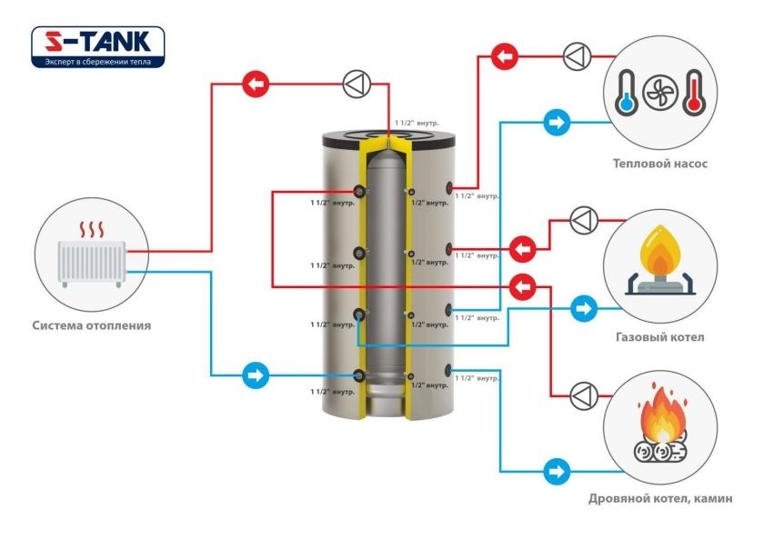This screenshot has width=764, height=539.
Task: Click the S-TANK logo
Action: click(x=98, y=46)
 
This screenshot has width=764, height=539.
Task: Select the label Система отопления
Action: click(x=92, y=325)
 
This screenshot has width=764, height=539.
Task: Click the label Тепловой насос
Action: click(x=659, y=164)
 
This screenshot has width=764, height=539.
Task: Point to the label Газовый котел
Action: click(x=660, y=337)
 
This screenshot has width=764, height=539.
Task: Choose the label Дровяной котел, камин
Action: click(x=660, y=499)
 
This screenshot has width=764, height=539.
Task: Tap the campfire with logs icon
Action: click(x=660, y=424)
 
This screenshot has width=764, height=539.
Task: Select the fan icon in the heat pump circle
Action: click(x=660, y=92)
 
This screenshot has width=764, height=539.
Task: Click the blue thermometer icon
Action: click(x=626, y=92)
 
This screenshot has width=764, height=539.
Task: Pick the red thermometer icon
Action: click(x=693, y=92)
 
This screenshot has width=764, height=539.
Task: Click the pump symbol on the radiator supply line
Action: click(x=357, y=85)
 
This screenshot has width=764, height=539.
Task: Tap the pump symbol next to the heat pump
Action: click(x=578, y=56)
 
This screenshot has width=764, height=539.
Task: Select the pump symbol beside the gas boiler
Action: click(x=583, y=221)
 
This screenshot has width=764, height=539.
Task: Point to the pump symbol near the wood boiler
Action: click(x=583, y=396)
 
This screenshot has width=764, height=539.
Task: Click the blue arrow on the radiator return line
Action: click(x=256, y=375)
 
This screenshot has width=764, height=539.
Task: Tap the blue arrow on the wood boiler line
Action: click(x=557, y=472)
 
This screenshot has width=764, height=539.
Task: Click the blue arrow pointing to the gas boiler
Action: click(x=584, y=308)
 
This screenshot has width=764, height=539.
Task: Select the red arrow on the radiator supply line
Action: click(x=256, y=85)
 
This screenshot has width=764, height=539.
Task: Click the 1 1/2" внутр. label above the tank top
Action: click(x=417, y=124)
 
